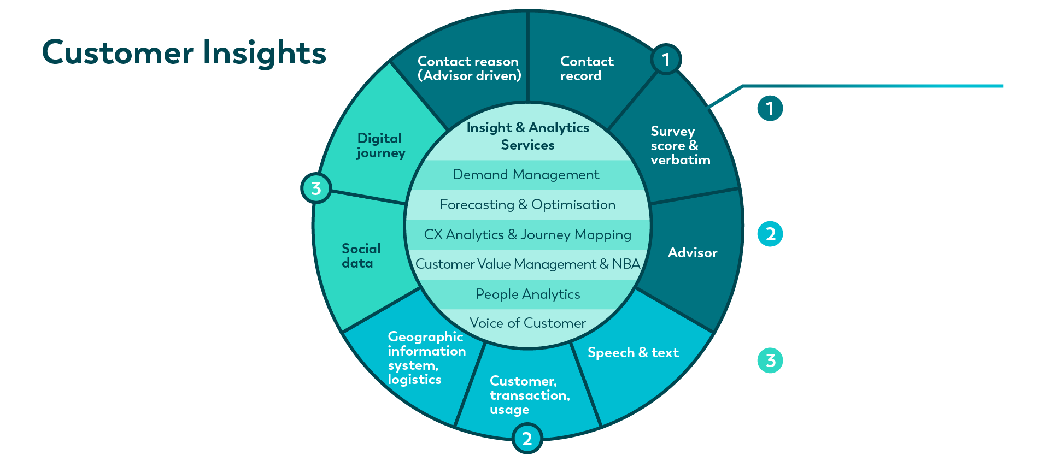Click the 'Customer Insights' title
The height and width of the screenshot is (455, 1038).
[x=184, y=53]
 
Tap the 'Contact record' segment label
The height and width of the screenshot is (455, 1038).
[x=587, y=68]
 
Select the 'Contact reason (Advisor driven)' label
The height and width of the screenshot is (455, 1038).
[x=469, y=68]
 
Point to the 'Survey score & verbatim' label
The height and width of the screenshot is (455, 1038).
[x=681, y=145]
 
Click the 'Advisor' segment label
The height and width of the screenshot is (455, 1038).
[x=693, y=252]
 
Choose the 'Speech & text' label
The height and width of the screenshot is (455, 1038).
[x=633, y=353]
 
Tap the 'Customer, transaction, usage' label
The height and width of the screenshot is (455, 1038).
[x=530, y=395]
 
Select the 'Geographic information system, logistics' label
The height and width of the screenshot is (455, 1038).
[x=426, y=358]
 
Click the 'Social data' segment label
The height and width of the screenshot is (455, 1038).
[x=361, y=256]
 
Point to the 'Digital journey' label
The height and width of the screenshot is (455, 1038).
[x=381, y=146]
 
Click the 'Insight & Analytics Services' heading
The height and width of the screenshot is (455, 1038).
[x=528, y=136]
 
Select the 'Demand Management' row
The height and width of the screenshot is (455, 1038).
[x=526, y=174]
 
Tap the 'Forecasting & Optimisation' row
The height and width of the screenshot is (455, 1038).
[x=527, y=204]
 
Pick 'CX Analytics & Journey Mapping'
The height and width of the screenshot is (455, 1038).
[x=527, y=234]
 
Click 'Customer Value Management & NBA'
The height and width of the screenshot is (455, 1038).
[x=527, y=264]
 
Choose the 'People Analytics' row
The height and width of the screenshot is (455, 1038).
[x=527, y=294]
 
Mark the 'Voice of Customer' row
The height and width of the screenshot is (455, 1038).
[x=527, y=323]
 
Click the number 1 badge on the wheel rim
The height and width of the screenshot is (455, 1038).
[x=666, y=59]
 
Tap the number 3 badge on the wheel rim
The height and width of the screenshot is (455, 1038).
[x=316, y=188]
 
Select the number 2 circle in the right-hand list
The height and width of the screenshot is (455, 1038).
[x=770, y=234]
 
